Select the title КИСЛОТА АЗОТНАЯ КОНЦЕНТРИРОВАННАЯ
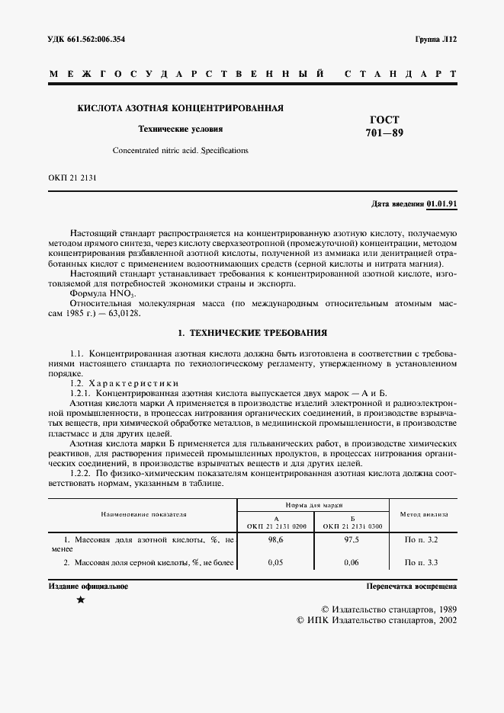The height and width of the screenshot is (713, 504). click(x=180, y=108)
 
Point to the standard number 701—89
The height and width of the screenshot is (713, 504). click(x=384, y=133)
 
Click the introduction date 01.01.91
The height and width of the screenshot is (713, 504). click(x=441, y=204)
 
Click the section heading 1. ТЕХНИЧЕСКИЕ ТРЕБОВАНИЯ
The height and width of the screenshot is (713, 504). click(x=252, y=333)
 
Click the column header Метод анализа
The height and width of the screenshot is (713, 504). click(x=424, y=514)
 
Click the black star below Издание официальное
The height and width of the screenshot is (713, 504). click(x=81, y=601)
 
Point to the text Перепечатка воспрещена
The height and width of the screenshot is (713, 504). click(x=411, y=587)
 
